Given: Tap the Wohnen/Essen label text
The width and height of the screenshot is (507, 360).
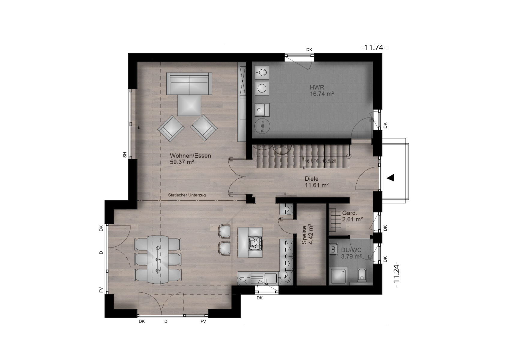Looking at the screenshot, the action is point(190,156).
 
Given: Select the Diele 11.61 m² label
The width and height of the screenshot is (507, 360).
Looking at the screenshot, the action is point(316,182).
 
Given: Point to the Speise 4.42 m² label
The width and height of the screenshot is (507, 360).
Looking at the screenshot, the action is point(307,234).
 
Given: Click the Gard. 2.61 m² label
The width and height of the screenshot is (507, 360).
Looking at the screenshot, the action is point(352,216).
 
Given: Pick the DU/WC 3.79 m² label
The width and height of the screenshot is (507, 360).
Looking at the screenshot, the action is point(351,253).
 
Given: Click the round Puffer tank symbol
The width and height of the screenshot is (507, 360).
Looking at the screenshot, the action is point(262,126).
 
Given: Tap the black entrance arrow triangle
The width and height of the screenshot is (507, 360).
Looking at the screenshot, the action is point(390,178).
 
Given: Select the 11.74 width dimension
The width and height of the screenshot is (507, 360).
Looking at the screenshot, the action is point(374,48).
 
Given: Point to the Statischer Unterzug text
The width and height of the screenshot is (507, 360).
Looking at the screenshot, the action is point(187,195).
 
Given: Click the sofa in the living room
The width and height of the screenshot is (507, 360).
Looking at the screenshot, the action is point(189,83).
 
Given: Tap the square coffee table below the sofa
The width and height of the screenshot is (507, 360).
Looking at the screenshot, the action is point(189,105).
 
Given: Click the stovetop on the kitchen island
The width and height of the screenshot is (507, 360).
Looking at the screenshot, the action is point(255,243).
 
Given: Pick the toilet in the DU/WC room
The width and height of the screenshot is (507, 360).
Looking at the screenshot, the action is point(362,275).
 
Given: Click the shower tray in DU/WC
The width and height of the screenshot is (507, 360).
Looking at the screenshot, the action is point(339,276).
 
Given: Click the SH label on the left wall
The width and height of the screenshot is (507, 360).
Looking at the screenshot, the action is point(125,155).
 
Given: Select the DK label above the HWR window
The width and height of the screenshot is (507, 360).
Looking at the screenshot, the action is point(309,49).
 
